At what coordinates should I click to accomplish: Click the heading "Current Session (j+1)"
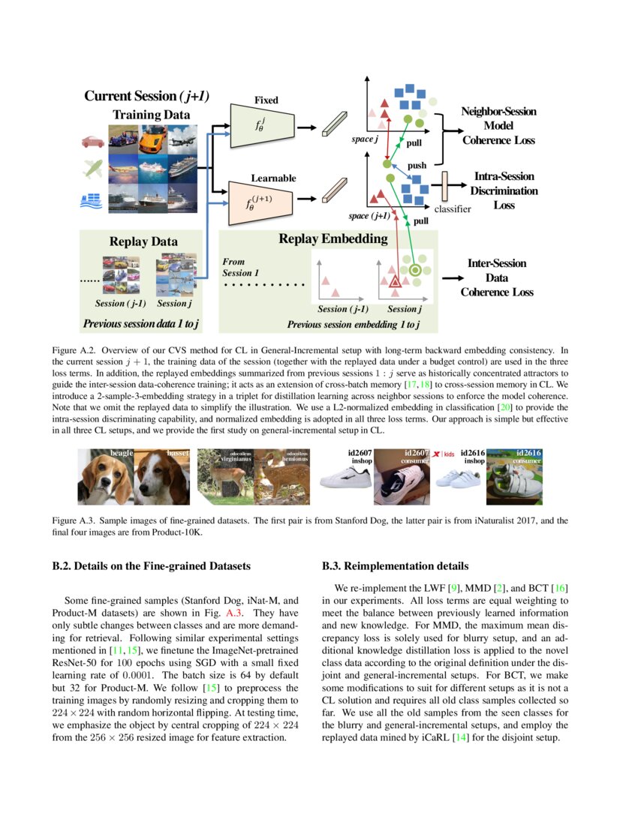146,96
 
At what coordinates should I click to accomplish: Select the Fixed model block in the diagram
265,125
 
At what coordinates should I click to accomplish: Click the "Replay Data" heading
143,241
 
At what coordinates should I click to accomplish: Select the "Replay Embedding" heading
333,239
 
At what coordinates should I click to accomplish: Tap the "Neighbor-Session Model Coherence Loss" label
498,125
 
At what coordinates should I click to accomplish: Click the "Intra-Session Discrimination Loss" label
504,190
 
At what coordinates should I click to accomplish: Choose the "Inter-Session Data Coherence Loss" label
497,277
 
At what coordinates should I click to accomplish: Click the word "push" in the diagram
417,165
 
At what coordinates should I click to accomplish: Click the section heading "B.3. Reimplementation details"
395,565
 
